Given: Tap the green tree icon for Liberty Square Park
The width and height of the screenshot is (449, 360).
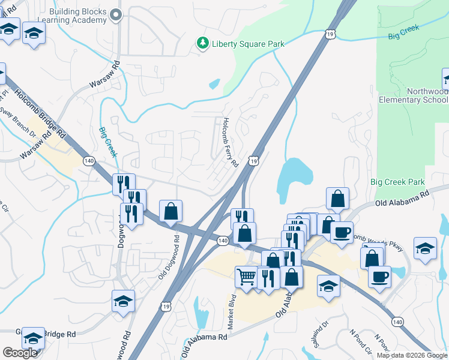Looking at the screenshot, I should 202,43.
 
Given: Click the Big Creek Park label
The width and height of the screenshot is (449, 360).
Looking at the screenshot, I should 397,182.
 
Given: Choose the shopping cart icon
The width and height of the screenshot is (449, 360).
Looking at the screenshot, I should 246,277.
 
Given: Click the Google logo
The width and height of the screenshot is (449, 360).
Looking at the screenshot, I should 20,353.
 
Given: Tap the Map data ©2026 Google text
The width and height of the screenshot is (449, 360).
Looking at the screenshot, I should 412,355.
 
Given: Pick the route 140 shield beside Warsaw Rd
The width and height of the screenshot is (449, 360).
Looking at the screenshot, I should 89,161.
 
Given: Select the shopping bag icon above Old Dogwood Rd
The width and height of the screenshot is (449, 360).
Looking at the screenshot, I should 171,211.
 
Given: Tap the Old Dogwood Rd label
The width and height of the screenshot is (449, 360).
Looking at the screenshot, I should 170,256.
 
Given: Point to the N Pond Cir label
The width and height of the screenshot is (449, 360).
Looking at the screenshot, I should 361,339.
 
